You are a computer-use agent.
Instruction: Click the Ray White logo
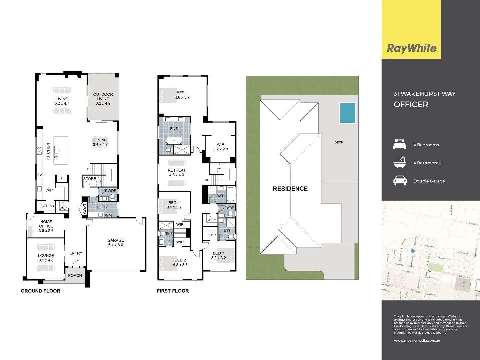coord(412,48)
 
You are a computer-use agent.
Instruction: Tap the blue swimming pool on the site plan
coord(347,113)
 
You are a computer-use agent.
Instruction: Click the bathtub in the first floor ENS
coord(174,140)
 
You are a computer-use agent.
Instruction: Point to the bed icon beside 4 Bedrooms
coord(400,144)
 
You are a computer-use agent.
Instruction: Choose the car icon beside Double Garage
coord(400,181)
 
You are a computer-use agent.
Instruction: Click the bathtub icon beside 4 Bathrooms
coord(400,162)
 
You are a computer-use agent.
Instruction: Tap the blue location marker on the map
coord(413,251)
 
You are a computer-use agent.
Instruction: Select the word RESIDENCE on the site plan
coord(290,189)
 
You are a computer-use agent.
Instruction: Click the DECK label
coord(339,142)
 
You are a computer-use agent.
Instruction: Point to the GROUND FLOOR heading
coord(41,291)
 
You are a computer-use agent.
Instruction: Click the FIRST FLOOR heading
coord(173,291)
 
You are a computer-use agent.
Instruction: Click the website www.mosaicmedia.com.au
coord(417,340)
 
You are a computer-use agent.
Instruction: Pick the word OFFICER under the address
coord(411,105)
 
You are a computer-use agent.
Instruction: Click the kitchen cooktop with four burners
coord(40,151)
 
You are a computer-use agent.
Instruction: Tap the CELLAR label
coord(48,206)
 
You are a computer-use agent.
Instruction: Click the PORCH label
coord(75,276)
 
